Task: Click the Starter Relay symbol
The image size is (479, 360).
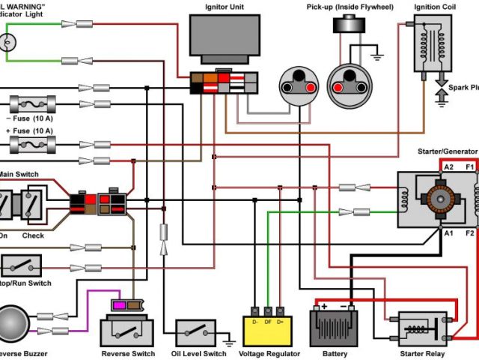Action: click(x=422, y=330)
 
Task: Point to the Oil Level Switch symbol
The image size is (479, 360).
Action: click(x=200, y=331)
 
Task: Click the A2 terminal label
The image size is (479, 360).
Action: click(x=448, y=166)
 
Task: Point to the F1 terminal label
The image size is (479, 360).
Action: click(x=470, y=166)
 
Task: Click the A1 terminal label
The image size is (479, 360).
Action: click(x=448, y=233)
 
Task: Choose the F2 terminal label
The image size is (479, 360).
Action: click(x=470, y=233)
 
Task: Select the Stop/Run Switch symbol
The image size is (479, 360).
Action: click(x=21, y=265)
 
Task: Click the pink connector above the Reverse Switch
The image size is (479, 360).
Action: click(x=118, y=304)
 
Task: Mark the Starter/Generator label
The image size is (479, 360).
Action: click(x=447, y=152)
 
